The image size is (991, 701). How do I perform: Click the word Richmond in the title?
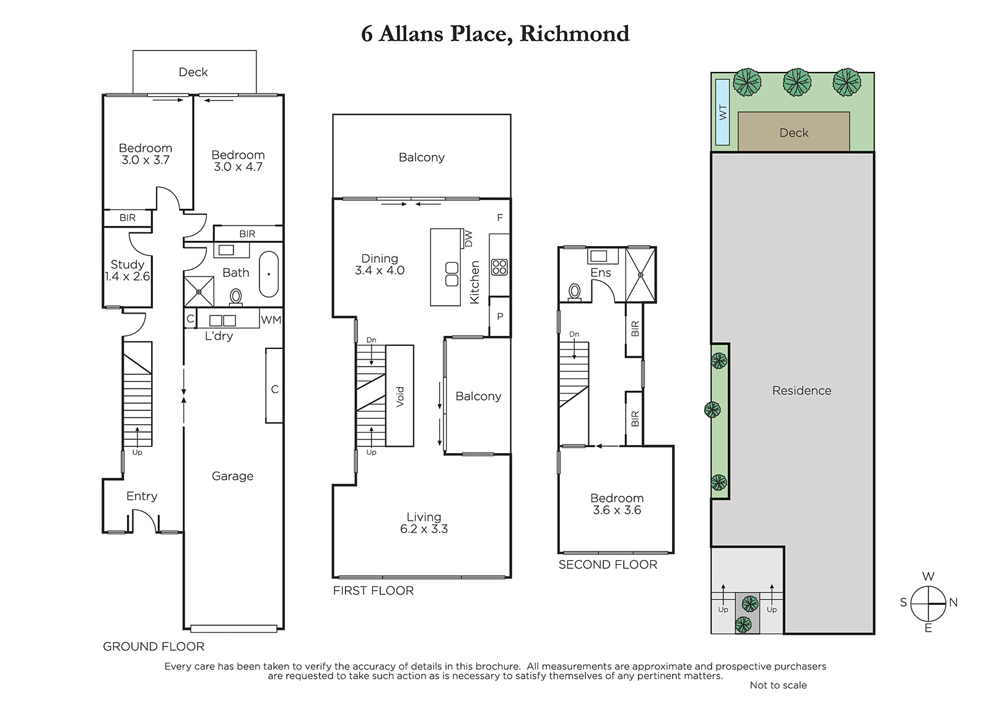pos(574,33)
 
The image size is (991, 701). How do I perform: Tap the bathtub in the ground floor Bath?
pos(269,274)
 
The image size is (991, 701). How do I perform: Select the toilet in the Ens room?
pos(574,292)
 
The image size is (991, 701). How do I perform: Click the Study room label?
pos(128,265)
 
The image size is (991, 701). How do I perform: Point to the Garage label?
pos(232,476)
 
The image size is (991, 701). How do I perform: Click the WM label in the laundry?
pos(271,320)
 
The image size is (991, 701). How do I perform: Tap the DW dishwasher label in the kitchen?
pos(468,239)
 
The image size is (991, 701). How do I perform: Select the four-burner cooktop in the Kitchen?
pos(499,268)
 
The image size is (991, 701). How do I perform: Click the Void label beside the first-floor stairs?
pos(400,397)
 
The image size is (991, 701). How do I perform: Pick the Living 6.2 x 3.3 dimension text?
pos(424,529)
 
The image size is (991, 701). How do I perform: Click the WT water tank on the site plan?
pos(722,112)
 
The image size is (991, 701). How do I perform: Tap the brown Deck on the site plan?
pos(793,131)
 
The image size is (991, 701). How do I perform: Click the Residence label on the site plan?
pos(801,390)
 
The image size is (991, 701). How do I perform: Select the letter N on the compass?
pos(953,602)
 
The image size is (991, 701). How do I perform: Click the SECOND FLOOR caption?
pos(608,565)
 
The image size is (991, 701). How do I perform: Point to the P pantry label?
pos(500,317)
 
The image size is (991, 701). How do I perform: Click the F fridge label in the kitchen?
pos(500,218)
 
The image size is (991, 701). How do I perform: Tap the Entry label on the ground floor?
pos(142,496)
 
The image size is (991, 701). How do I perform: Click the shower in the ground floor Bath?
pos(199,292)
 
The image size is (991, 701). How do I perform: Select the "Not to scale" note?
pos(778,686)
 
